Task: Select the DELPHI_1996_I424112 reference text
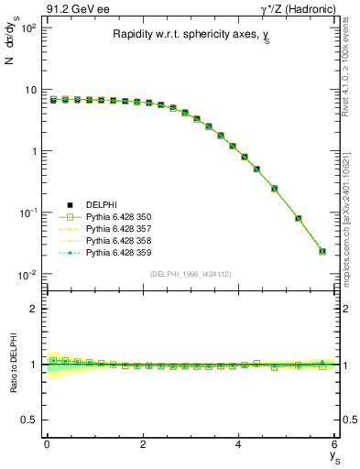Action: (190, 275)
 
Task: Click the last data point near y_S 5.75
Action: (322, 251)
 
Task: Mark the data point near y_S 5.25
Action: (299, 218)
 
